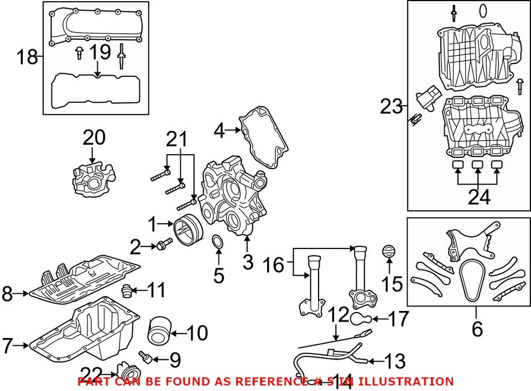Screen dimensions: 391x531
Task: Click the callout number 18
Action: click(x=26, y=56)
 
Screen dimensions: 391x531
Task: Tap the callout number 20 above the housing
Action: click(x=93, y=138)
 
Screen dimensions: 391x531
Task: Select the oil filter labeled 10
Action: click(x=159, y=330)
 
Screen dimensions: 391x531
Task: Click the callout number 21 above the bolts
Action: click(x=178, y=141)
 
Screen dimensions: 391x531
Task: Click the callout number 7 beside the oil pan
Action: click(x=7, y=346)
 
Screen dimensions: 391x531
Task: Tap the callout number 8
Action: click(x=7, y=294)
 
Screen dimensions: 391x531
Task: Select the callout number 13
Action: click(x=394, y=361)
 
